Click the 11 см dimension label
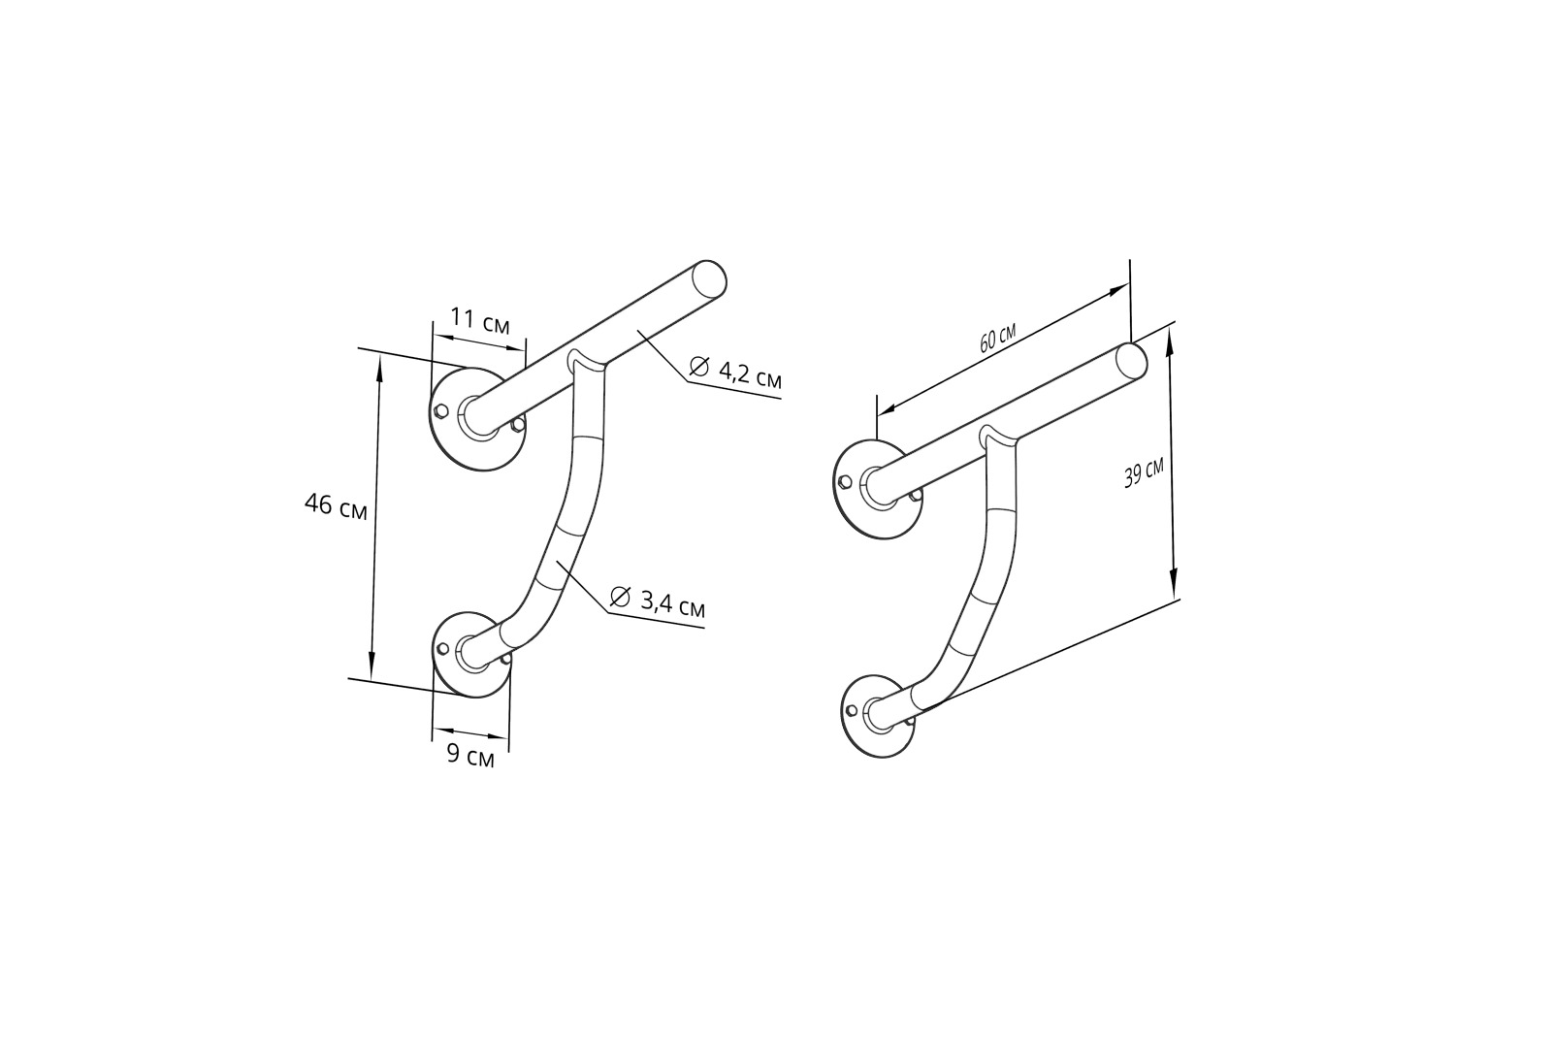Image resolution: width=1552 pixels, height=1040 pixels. tap(480, 321)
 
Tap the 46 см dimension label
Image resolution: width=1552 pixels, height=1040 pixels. tap(336, 506)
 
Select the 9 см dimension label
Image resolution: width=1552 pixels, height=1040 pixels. tap(470, 755)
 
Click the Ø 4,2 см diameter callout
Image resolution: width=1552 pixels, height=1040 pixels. tap(736, 372)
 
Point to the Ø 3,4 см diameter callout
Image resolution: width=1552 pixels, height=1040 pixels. tap(658, 601)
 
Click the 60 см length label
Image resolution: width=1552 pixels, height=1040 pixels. tap(998, 339)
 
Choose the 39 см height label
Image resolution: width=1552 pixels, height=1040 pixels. tap(1144, 474)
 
